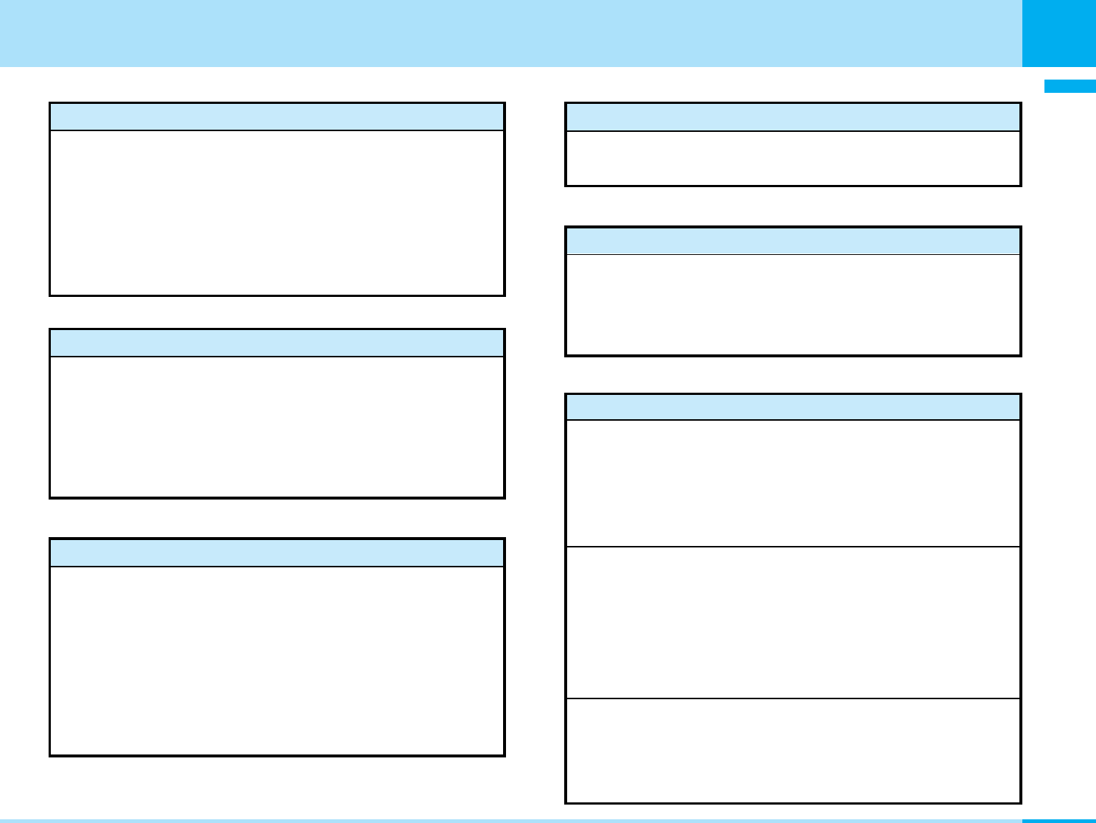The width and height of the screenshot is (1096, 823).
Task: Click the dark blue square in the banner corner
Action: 1058,33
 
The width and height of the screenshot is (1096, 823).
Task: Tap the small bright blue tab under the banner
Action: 1069,86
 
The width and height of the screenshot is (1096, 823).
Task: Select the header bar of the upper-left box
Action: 277,117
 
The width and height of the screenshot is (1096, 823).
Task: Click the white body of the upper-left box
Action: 277,213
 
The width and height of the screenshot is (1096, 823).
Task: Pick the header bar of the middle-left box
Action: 277,343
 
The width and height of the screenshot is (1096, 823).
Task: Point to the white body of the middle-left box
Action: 277,427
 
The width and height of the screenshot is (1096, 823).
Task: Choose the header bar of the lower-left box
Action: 277,553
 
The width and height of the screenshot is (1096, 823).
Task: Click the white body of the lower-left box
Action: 277,661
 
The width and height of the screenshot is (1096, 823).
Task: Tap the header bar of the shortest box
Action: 793,117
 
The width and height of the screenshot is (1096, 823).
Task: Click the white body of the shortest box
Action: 793,158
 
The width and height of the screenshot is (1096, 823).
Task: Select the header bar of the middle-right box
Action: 793,241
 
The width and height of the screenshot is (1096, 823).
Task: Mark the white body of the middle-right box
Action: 793,304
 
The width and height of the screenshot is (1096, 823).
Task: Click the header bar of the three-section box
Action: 793,407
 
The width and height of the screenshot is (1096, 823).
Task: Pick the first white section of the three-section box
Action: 793,483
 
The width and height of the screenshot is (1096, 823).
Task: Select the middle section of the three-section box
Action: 793,623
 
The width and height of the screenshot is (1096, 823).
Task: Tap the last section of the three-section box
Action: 793,750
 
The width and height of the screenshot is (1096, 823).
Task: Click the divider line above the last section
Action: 793,698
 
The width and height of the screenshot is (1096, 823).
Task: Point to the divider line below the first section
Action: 793,547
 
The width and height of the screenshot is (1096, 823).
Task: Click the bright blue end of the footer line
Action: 1058,820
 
